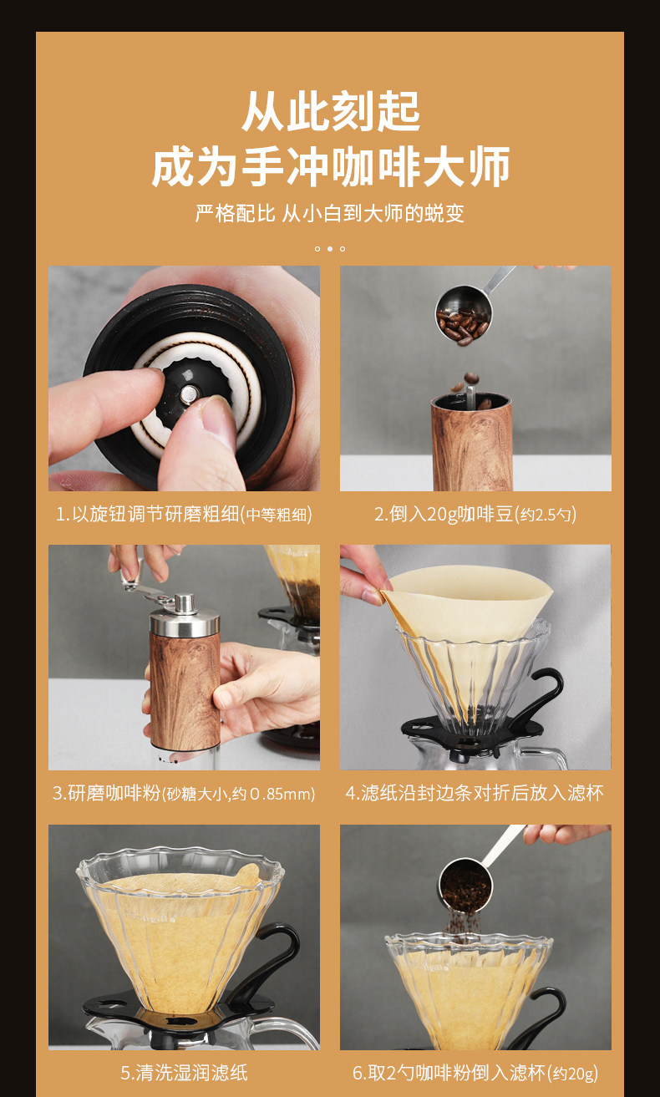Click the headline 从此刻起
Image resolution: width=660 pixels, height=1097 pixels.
point(331,111)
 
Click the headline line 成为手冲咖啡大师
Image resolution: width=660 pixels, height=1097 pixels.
point(331,166)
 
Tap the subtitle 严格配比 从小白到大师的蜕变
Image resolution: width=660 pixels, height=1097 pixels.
point(330,213)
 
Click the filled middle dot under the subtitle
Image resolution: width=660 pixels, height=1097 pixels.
point(330,249)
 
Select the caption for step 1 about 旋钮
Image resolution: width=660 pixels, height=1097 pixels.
point(184,514)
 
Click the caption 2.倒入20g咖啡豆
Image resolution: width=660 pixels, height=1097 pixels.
point(475,514)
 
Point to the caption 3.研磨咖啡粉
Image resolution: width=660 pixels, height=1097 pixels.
point(184,793)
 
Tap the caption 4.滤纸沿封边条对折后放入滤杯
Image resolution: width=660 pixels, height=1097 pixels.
point(475,793)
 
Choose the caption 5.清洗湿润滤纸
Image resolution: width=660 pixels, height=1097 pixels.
point(184,1073)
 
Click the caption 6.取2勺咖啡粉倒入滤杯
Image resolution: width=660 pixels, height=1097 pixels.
point(475,1073)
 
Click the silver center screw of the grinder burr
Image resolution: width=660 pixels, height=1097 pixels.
point(189,394)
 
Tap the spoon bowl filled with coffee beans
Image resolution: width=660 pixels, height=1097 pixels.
point(463,314)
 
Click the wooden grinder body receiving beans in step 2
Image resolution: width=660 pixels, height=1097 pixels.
point(472,443)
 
